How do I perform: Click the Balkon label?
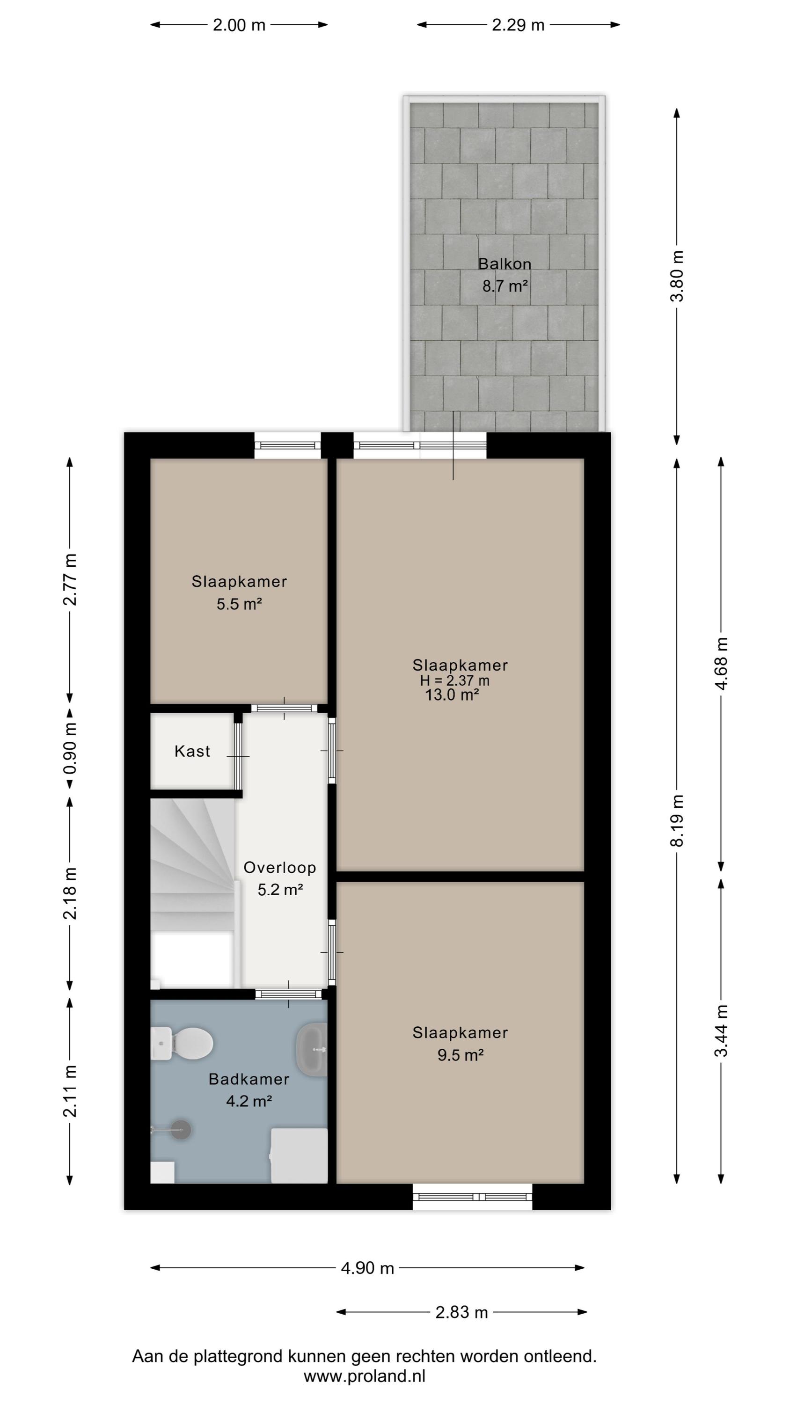(x=505, y=264)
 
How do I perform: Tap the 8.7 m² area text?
(x=505, y=285)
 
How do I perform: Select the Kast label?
(x=192, y=751)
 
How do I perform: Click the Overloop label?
(x=280, y=867)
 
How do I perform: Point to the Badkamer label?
(x=249, y=1079)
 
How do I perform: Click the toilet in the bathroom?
(x=182, y=1043)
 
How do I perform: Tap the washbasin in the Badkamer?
(x=311, y=1049)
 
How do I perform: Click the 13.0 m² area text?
(x=452, y=695)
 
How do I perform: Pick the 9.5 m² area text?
(x=461, y=1055)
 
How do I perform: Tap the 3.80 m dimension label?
(x=677, y=276)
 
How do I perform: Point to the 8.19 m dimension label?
(x=677, y=821)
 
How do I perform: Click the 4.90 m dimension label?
(x=367, y=1268)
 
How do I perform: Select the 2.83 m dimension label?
(x=461, y=1312)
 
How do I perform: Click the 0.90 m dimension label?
(x=70, y=748)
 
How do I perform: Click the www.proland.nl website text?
(x=364, y=1376)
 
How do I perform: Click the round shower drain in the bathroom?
(x=181, y=1130)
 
